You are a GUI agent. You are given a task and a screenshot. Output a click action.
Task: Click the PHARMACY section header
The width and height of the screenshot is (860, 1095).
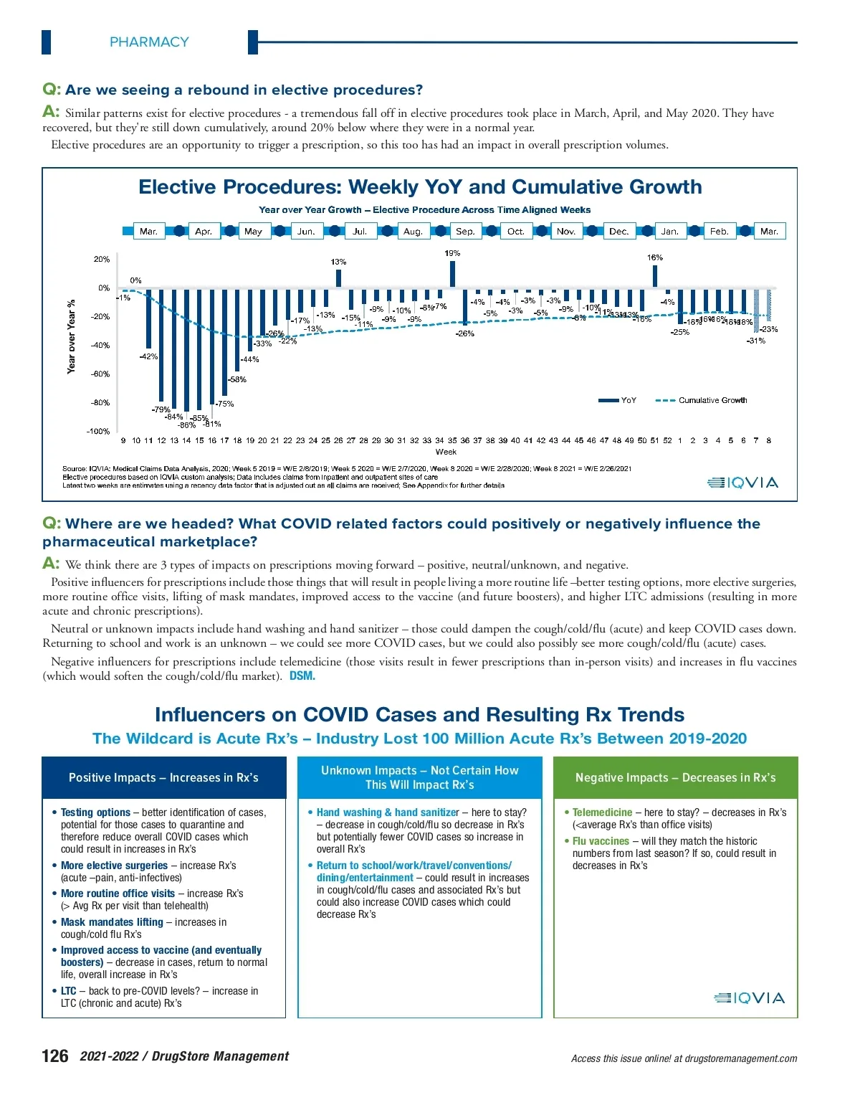pyautogui.click(x=149, y=42)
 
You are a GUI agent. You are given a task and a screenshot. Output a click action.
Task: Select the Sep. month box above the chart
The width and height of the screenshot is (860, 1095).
pyautogui.click(x=465, y=232)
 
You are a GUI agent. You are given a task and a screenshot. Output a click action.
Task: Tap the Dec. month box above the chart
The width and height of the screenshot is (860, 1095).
pyautogui.click(x=618, y=232)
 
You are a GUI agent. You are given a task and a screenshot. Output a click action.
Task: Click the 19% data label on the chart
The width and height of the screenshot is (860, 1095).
pyautogui.click(x=452, y=253)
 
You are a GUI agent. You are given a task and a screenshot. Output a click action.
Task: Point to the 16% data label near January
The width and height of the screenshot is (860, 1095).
pyautogui.click(x=654, y=257)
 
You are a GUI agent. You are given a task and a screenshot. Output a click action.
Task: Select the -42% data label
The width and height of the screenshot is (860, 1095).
pyautogui.click(x=148, y=356)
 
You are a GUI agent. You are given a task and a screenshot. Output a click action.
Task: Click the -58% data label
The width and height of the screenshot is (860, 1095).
pyautogui.click(x=237, y=379)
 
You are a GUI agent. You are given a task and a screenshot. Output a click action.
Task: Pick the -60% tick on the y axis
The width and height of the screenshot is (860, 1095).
pyautogui.click(x=100, y=374)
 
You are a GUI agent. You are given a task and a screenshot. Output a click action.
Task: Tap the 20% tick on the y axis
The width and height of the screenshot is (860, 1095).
pyautogui.click(x=102, y=260)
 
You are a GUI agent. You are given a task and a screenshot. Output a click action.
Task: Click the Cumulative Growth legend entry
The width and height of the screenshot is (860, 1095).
pyautogui.click(x=712, y=400)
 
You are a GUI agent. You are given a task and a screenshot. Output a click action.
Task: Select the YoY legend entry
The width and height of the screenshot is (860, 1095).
pyautogui.click(x=628, y=400)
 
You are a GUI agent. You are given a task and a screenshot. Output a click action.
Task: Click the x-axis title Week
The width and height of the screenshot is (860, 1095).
pyautogui.click(x=446, y=452)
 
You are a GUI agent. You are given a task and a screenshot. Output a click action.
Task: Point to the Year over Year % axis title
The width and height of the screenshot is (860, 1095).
pyautogui.click(x=71, y=336)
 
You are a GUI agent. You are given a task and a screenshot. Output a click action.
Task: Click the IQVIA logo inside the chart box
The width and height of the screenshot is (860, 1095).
pyautogui.click(x=742, y=483)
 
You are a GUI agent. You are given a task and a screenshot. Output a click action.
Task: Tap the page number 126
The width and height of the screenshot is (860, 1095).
pyautogui.click(x=55, y=1056)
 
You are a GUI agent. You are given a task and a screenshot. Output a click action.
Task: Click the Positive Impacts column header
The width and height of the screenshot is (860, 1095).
pyautogui.click(x=163, y=777)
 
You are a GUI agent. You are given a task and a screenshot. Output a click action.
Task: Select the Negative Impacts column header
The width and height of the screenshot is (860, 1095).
pyautogui.click(x=675, y=777)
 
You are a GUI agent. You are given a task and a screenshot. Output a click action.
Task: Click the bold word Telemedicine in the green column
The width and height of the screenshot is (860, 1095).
pyautogui.click(x=602, y=812)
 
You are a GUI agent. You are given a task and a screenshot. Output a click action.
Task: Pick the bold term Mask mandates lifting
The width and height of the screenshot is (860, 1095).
pyautogui.click(x=112, y=922)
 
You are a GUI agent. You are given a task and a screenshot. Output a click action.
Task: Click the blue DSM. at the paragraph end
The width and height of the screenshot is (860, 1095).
pyautogui.click(x=302, y=676)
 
